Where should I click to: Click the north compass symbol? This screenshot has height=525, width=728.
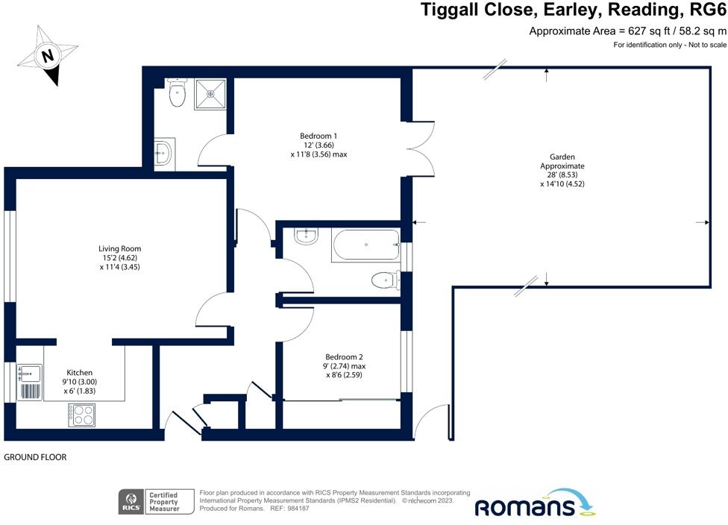coord(48,54)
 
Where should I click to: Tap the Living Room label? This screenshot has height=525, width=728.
coord(120,249)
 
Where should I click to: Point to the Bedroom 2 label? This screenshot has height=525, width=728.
coord(345,357)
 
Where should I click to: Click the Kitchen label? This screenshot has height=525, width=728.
coord(79,373)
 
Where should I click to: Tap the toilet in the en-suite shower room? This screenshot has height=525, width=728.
coord(177,94)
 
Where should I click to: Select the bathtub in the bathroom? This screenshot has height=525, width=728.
coord(365,245)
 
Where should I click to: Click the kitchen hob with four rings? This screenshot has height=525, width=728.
coord(82,415)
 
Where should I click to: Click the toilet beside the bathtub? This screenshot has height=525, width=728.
coord(383,280)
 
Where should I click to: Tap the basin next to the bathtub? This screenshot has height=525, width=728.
coord(306,237)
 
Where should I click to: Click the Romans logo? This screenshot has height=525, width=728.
coord(533,504)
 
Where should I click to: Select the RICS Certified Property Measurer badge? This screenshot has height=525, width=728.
coord(157,502)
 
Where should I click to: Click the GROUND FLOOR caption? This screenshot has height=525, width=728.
coord(36,457)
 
